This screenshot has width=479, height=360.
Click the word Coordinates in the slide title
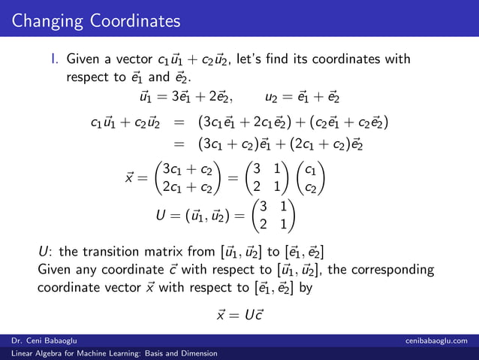[135, 20]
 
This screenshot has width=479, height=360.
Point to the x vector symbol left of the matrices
[129, 179]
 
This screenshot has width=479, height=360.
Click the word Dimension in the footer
[194, 353]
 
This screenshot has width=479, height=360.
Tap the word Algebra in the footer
[47, 353]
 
